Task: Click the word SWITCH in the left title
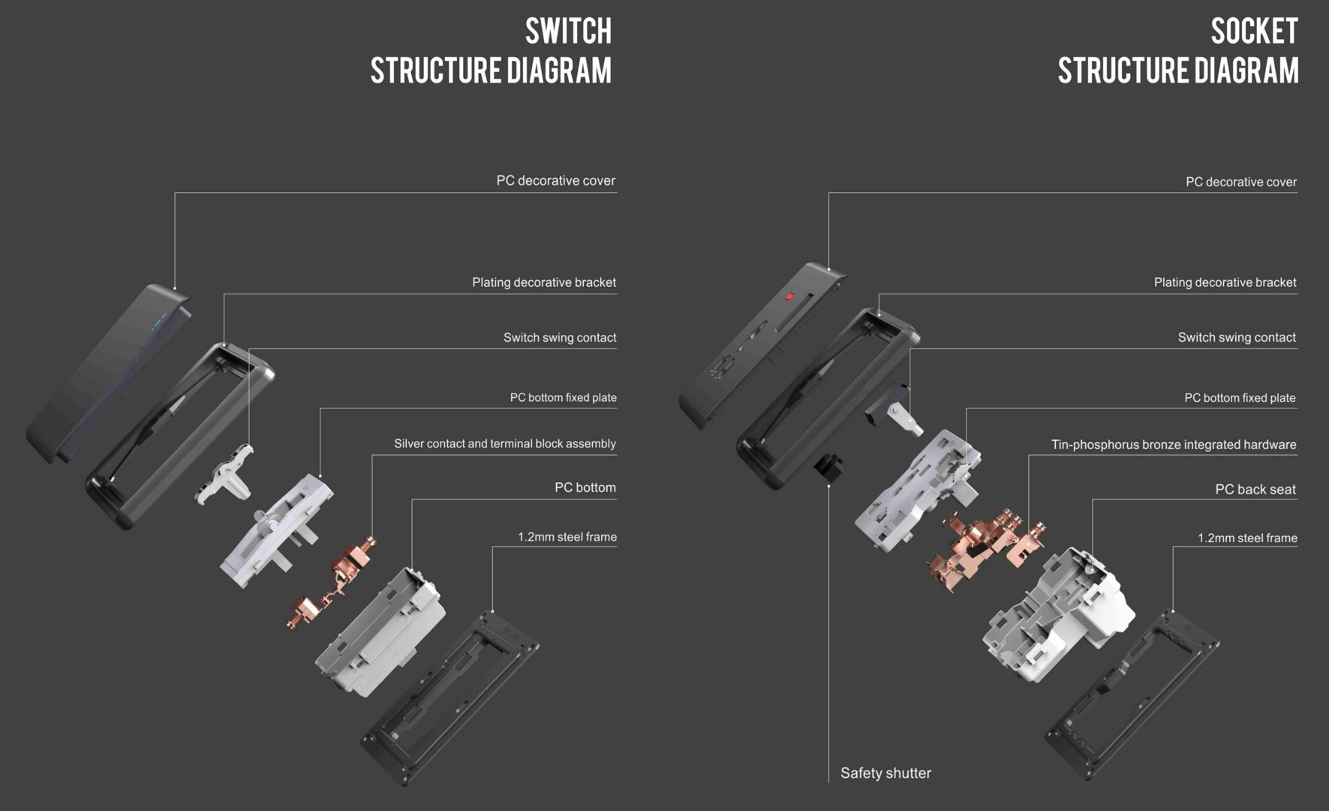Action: [568, 32]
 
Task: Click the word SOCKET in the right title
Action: [1254, 32]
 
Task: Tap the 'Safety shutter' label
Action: [885, 773]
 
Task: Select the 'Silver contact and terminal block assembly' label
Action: [504, 444]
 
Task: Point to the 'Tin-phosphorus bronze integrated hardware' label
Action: [1174, 445]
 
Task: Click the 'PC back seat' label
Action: [1255, 490]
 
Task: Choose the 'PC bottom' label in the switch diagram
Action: [585, 487]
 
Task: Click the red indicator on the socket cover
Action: [789, 297]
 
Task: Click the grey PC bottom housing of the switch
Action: [383, 631]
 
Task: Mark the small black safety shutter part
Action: [828, 466]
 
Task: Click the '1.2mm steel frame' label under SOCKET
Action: [1247, 538]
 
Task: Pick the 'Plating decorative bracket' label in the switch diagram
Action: [543, 282]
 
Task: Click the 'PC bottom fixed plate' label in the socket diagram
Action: [1240, 398]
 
